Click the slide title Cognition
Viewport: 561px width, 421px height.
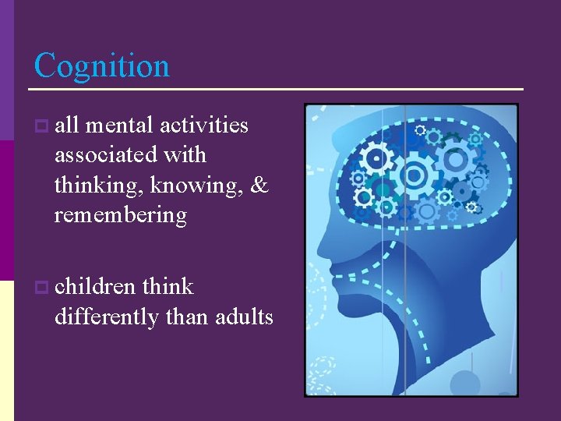(x=102, y=65)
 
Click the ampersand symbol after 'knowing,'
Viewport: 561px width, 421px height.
(x=260, y=186)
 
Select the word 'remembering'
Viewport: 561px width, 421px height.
(x=121, y=215)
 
